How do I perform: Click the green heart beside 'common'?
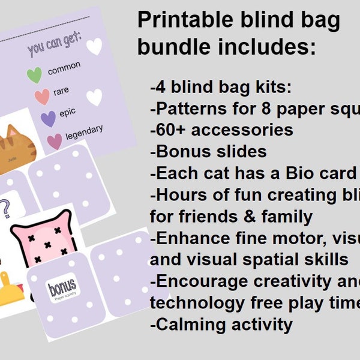(x=34, y=75)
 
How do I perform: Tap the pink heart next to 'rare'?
(x=42, y=97)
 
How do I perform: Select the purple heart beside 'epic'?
(x=48, y=119)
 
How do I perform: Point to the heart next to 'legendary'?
(x=55, y=141)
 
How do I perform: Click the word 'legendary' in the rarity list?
(x=83, y=133)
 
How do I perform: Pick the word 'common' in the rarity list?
(x=64, y=68)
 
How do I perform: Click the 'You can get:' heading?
(x=55, y=47)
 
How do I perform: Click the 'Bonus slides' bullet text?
(x=208, y=151)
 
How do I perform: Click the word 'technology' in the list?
(x=199, y=303)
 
